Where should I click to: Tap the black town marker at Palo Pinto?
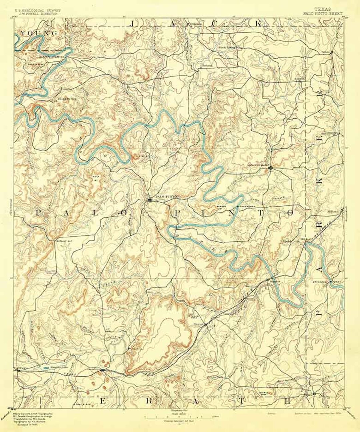pos(150,200)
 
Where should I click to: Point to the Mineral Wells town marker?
pos(271,168)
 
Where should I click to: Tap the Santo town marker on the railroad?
pos(206,324)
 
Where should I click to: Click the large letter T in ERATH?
pos(241,401)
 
